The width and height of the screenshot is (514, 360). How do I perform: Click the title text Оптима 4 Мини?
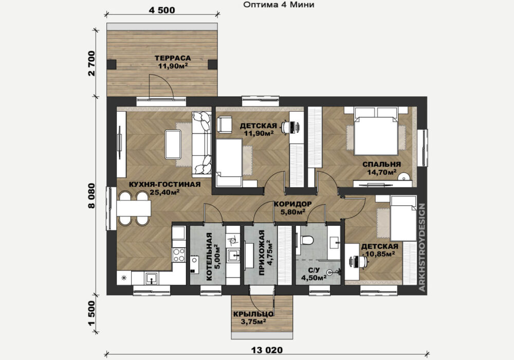point(279,5)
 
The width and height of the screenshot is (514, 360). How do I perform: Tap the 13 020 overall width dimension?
point(267,350)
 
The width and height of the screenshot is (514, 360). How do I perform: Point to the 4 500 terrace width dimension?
point(162,10)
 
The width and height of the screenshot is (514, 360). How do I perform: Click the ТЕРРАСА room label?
point(173,58)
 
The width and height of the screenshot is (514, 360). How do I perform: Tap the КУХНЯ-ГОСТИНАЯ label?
point(165,184)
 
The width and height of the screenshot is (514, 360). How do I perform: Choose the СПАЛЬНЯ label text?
point(381,164)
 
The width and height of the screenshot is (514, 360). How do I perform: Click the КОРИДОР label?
point(293,204)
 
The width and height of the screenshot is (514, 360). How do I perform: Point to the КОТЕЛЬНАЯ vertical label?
point(209,257)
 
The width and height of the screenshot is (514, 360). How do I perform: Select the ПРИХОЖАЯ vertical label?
point(262,253)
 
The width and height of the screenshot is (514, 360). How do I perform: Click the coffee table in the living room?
point(173,145)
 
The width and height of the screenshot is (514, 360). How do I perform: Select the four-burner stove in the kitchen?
point(179,255)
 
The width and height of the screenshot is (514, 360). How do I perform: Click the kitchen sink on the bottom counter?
point(151,279)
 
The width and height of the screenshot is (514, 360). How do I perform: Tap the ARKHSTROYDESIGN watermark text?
point(422,247)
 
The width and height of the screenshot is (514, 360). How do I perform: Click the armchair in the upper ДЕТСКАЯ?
point(225,125)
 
